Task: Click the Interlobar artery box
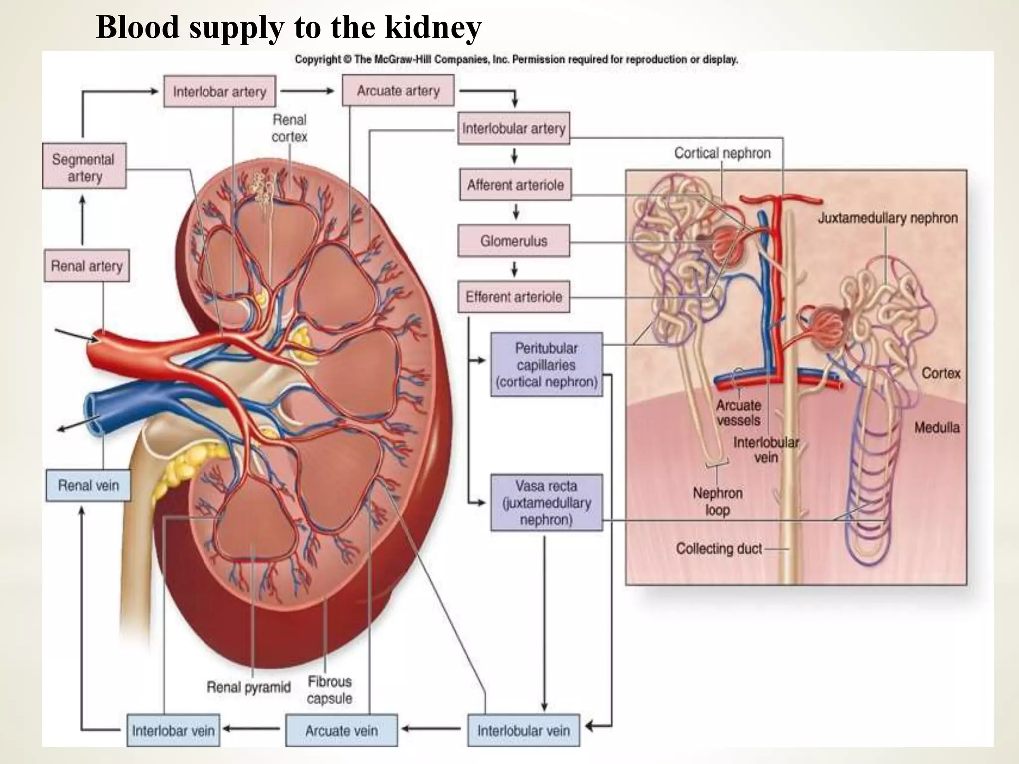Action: pyautogui.click(x=219, y=92)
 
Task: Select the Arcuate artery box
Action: pyautogui.click(x=398, y=91)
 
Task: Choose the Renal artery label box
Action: pyautogui.click(x=87, y=266)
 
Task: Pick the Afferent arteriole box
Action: pyautogui.click(x=515, y=185)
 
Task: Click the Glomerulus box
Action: pyautogui.click(x=513, y=241)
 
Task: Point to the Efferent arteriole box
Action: pyautogui.click(x=513, y=297)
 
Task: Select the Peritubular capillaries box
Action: pyautogui.click(x=546, y=365)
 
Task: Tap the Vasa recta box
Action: pyautogui.click(x=546, y=502)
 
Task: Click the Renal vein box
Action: pyautogui.click(x=89, y=485)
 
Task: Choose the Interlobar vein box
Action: pyautogui.click(x=173, y=730)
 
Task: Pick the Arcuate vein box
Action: pyautogui.click(x=341, y=730)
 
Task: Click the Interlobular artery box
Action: pyautogui.click(x=513, y=128)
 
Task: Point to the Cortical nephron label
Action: pyautogui.click(x=722, y=153)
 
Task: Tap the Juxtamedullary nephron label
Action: pyautogui.click(x=888, y=218)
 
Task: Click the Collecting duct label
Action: pyautogui.click(x=718, y=549)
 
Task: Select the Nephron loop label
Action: pyautogui.click(x=717, y=501)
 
